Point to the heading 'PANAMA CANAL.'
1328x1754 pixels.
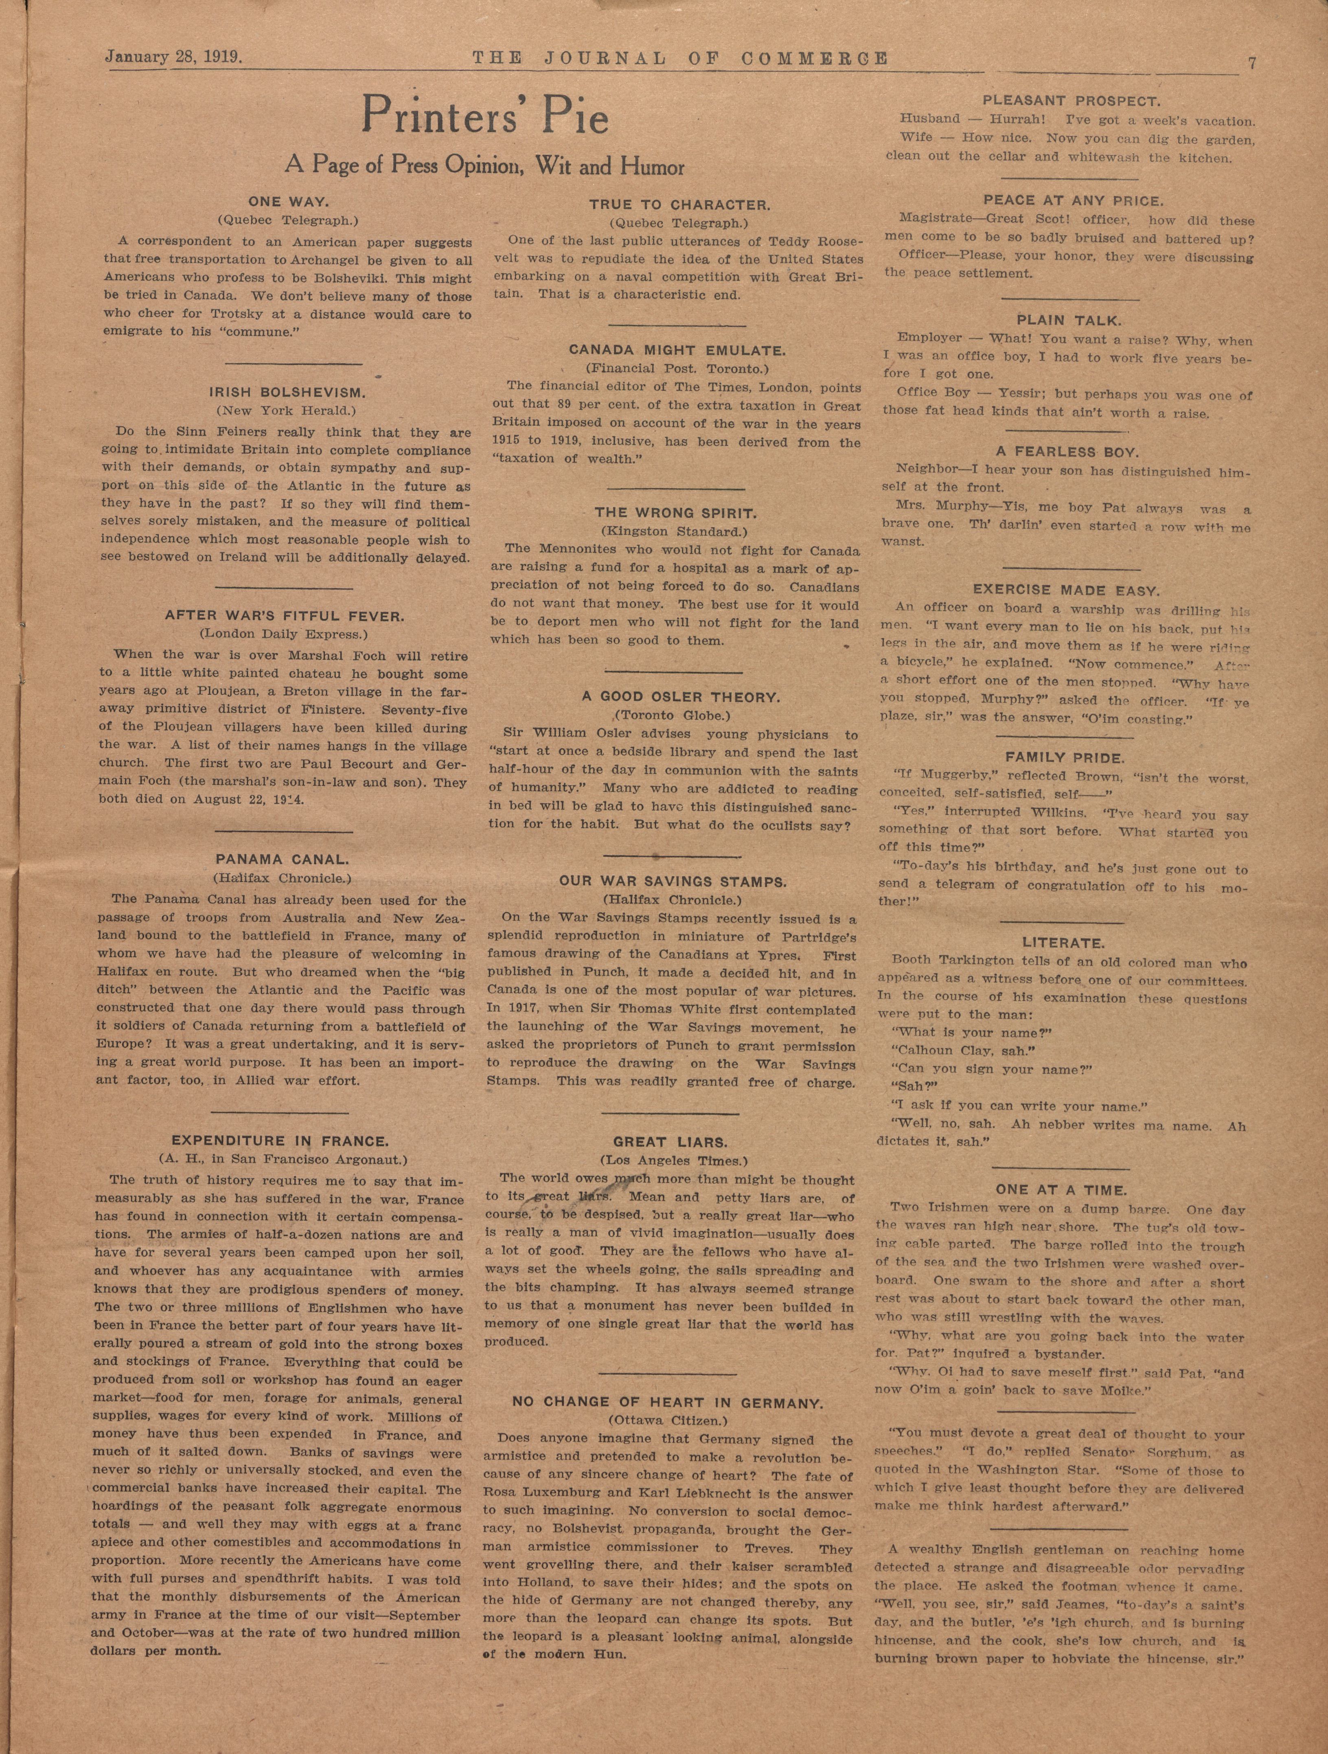tap(282, 860)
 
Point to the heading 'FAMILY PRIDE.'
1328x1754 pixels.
tap(1065, 757)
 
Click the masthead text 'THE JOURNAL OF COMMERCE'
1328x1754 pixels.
tap(680, 59)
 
